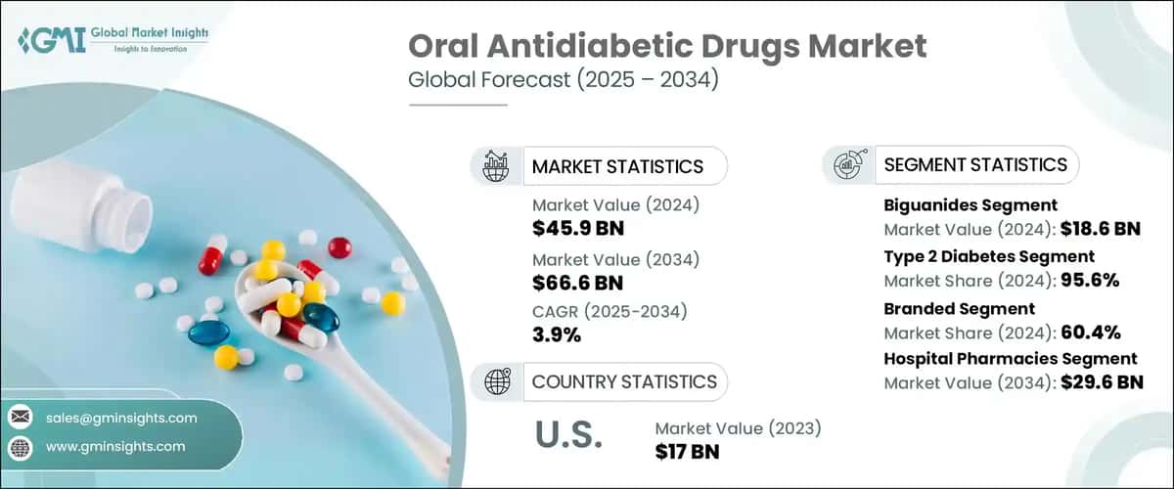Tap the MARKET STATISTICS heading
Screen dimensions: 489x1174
pos(616,166)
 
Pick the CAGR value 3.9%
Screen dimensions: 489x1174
pos(557,335)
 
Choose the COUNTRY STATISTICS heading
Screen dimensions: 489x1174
pos(623,381)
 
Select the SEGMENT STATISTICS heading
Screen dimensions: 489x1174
pos(975,165)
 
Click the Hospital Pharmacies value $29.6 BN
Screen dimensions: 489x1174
pos(1102,382)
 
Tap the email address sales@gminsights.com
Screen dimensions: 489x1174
pos(121,418)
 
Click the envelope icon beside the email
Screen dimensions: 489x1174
pos(20,418)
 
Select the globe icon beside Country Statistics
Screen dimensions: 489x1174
pos(496,381)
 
